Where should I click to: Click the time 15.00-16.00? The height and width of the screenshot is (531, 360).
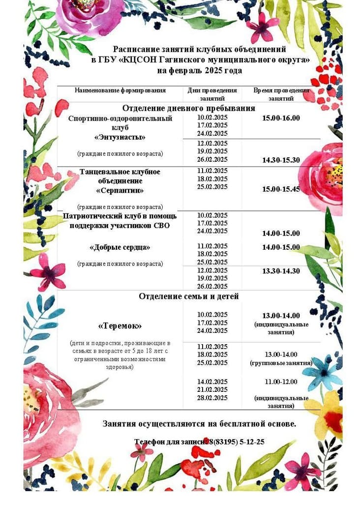281,118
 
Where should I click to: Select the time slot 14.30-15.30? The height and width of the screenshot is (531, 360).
281,160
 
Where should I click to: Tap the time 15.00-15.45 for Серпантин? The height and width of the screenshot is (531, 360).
281,189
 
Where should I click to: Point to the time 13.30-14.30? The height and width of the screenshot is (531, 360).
281,271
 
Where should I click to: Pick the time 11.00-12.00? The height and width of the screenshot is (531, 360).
281,381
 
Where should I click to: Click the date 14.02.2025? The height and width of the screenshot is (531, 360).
212,382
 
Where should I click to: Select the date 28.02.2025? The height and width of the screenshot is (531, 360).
212,398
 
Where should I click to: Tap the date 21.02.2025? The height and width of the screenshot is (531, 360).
212,389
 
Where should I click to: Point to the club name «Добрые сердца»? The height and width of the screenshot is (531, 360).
120,247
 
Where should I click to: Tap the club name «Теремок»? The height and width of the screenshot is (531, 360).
120,326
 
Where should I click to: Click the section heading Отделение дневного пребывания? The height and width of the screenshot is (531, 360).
189,108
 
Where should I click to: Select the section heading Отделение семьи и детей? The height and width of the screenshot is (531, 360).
189,296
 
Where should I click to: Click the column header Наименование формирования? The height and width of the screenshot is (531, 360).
120,90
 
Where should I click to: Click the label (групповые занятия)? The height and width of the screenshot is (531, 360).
281,363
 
